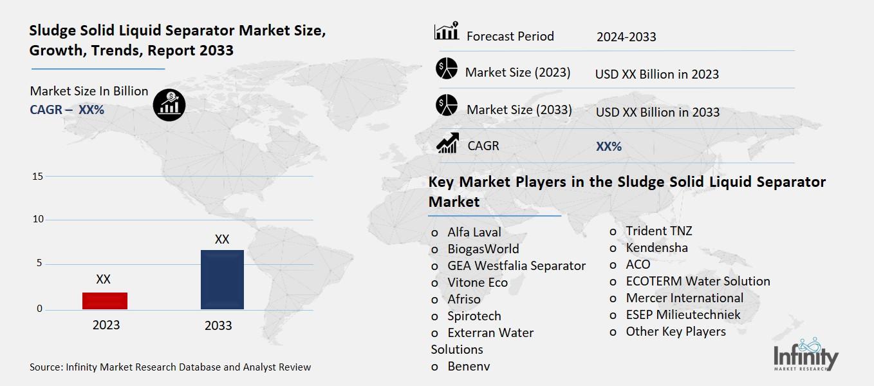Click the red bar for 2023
[x=104, y=301]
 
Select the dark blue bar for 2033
[x=222, y=280]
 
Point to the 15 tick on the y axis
[x=37, y=176]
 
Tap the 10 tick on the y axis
[x=37, y=220]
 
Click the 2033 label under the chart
[x=218, y=325]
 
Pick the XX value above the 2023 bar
[x=103, y=280]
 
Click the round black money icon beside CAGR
[x=169, y=104]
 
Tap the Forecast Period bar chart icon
[x=446, y=32]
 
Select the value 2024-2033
[x=626, y=37]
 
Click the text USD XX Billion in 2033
[x=657, y=112]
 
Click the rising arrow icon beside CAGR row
[x=447, y=143]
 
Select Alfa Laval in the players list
[x=474, y=232]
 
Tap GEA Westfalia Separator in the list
[x=516, y=265]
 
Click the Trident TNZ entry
[x=659, y=231]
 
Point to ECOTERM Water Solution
[x=698, y=281]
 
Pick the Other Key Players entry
[x=676, y=331]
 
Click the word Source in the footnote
[x=46, y=367]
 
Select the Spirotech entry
[x=474, y=316]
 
